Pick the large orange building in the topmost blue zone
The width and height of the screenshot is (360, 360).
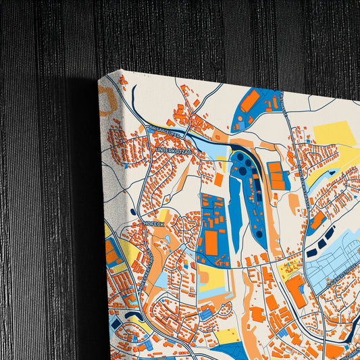click(249, 101)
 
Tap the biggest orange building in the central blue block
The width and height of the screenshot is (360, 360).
click(211, 242)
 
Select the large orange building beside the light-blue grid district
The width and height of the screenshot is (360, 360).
click(295, 291)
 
